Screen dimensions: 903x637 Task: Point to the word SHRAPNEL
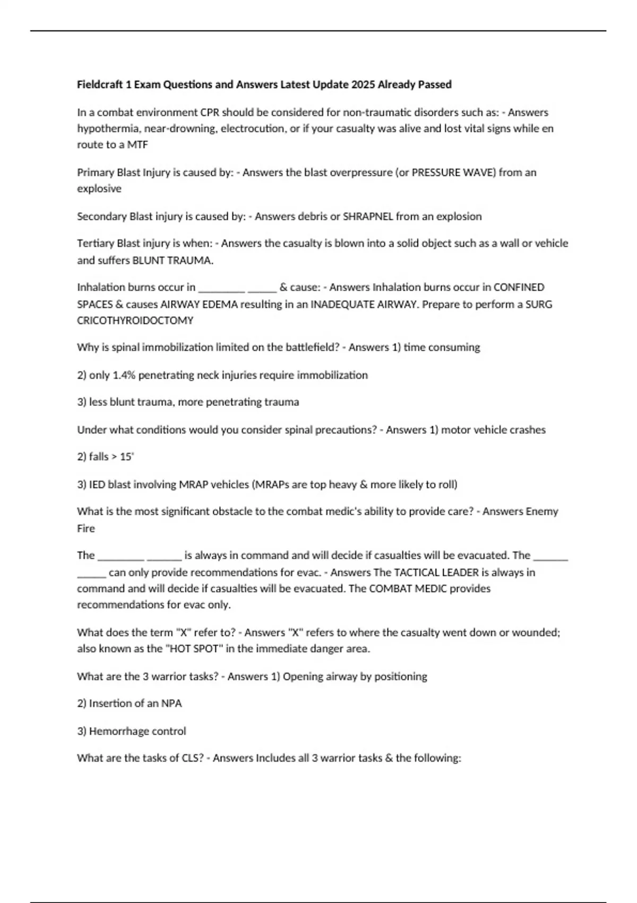[x=368, y=216]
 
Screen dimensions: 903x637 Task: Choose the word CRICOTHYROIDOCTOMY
[x=135, y=320]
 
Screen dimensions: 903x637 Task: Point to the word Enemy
[x=541, y=512]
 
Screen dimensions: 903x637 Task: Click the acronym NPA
[x=171, y=703]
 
